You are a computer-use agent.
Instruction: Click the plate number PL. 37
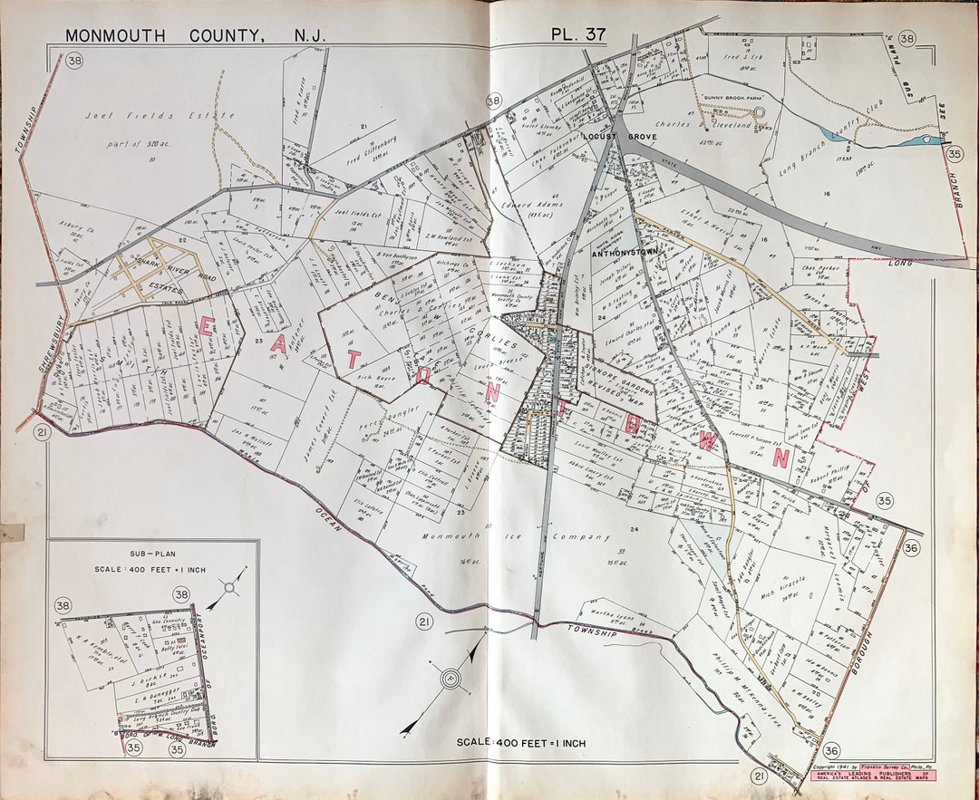(x=577, y=34)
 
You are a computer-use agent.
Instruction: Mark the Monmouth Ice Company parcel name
(x=516, y=537)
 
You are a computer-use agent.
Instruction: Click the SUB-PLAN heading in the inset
(x=151, y=552)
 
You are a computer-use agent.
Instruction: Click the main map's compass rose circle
(x=451, y=677)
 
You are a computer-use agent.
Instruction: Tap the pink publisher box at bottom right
(x=872, y=775)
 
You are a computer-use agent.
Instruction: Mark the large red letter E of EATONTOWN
(x=207, y=328)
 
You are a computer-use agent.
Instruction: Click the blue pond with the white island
(x=927, y=140)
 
